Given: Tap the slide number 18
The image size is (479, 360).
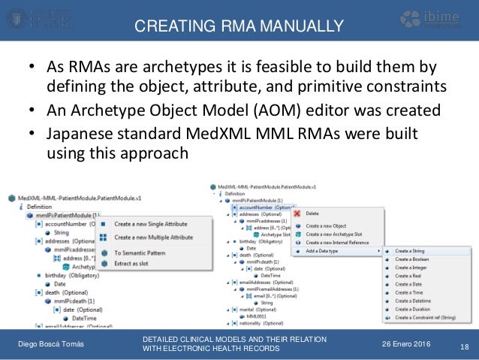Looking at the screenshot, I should click(462, 345).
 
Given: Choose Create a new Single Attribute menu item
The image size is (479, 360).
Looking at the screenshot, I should click(152, 223).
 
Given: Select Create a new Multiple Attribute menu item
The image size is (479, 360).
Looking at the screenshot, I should click(154, 237).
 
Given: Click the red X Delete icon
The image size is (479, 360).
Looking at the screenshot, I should click(297, 213).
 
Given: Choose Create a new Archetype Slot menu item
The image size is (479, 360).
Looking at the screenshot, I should click(340, 234).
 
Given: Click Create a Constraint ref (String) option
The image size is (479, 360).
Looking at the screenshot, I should click(427, 318).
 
